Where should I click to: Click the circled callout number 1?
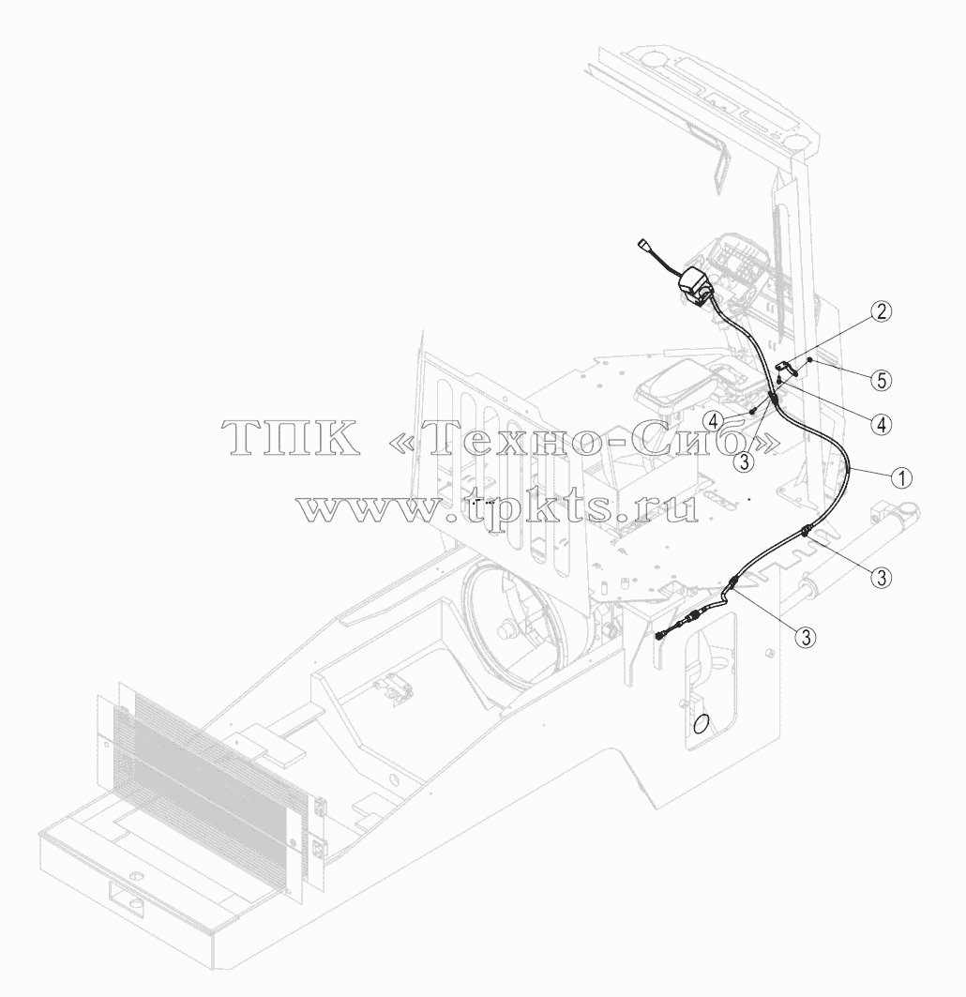pyautogui.click(x=901, y=477)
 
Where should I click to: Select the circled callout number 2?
pyautogui.click(x=882, y=311)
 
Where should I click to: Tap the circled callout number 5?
pyautogui.click(x=882, y=380)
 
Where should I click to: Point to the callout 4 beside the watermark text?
pyautogui.click(x=714, y=420)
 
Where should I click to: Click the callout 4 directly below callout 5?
pyautogui.click(x=882, y=424)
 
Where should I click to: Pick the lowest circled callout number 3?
pyautogui.click(x=807, y=636)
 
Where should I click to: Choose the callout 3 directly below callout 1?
pyautogui.click(x=882, y=578)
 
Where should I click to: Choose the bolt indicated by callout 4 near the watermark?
pyautogui.click(x=754, y=412)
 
